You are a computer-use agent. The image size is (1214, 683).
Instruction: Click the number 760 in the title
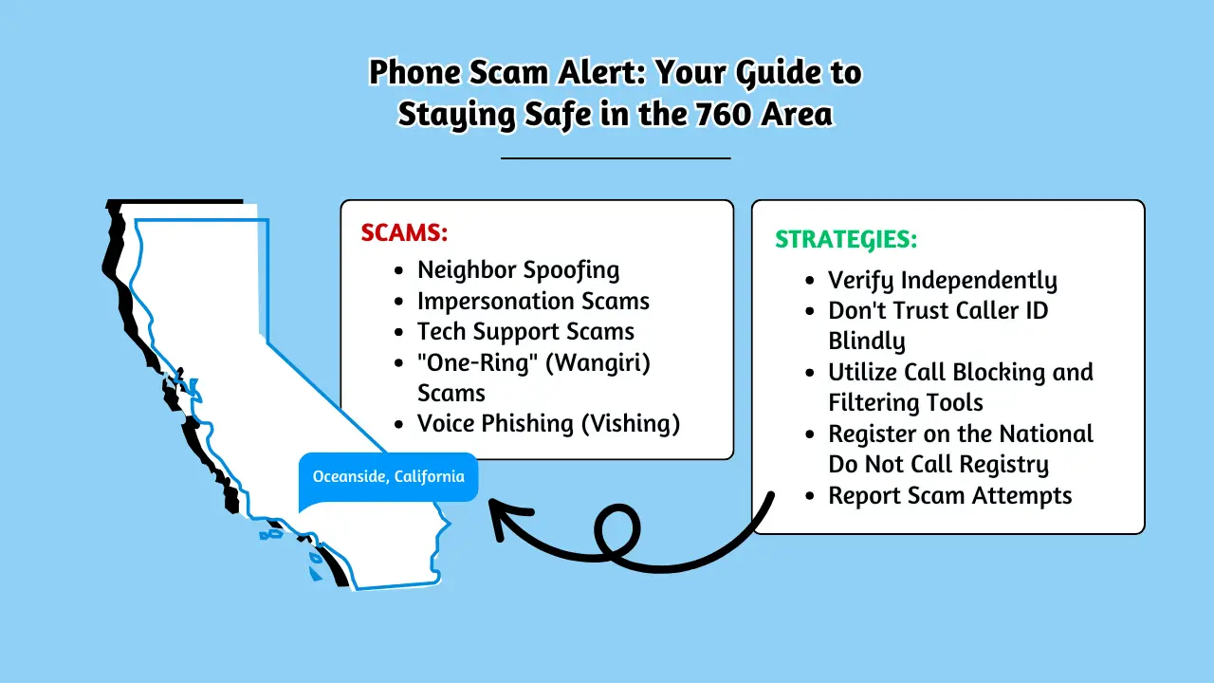(x=722, y=114)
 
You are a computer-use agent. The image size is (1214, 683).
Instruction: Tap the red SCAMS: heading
(x=404, y=232)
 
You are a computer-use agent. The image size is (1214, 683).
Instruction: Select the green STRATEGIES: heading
(x=846, y=240)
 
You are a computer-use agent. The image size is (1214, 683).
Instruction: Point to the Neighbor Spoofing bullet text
(x=518, y=270)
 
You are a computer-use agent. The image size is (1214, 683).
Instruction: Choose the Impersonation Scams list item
(x=533, y=301)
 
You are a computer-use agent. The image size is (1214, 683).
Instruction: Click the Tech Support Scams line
(x=525, y=332)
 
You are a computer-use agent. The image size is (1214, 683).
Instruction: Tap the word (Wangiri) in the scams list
(x=598, y=362)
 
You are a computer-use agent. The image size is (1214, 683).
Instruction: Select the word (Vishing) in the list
(x=631, y=423)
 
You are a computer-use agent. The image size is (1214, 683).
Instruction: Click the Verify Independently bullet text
(x=943, y=281)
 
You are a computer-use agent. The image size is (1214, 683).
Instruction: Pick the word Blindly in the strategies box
(x=867, y=341)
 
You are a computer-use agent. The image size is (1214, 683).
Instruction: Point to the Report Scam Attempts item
(x=950, y=495)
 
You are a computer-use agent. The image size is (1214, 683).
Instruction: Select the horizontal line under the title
(x=616, y=158)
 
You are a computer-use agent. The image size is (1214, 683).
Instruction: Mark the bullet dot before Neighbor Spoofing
(x=399, y=270)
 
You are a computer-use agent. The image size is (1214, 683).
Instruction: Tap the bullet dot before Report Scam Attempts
(x=810, y=496)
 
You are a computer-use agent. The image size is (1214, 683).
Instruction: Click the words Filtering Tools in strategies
(x=906, y=403)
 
